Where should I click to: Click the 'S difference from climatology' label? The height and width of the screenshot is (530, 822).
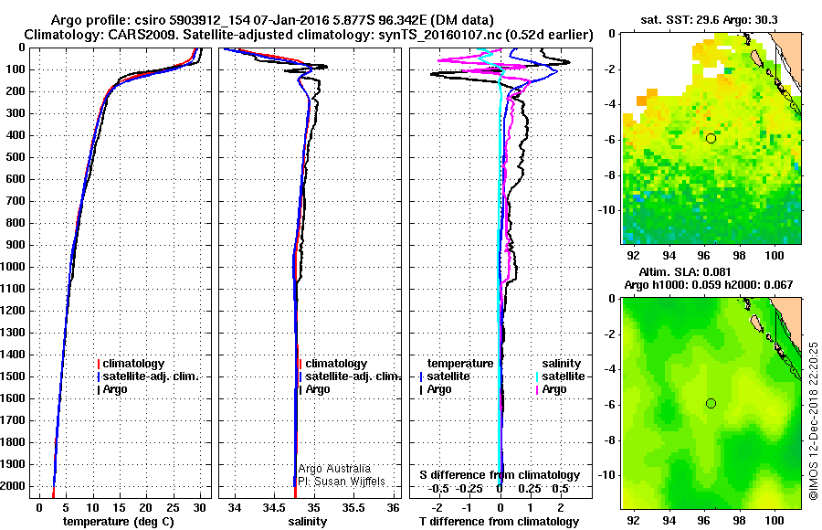click(500, 475)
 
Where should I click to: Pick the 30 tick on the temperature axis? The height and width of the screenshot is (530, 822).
click(200, 506)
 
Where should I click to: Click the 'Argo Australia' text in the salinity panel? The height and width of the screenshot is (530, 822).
click(334, 468)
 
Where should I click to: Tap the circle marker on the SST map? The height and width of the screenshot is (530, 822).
click(711, 138)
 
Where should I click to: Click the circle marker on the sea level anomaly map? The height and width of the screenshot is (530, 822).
click(711, 403)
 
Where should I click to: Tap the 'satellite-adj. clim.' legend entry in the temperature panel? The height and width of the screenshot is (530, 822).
click(150, 376)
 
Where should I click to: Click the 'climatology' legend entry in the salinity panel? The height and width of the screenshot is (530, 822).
click(335, 364)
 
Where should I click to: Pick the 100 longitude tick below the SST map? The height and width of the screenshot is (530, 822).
click(775, 259)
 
